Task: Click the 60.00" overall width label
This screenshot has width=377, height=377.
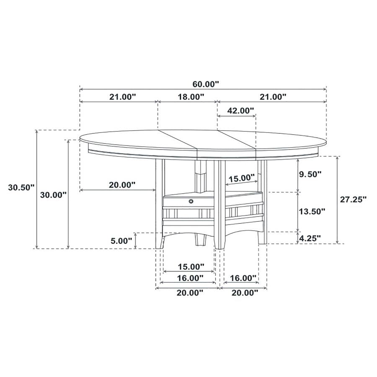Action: click(203, 84)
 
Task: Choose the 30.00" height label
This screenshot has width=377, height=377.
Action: click(53, 195)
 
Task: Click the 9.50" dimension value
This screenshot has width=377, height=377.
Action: click(310, 173)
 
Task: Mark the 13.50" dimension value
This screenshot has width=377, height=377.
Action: click(311, 212)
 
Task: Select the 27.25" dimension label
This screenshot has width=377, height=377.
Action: click(353, 199)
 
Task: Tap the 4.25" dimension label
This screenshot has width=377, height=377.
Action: click(310, 238)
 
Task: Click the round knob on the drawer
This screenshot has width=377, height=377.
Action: click(191, 201)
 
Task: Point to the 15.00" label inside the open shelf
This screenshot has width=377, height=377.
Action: click(241, 178)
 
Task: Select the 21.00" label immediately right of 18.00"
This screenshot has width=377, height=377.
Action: click(272, 97)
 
